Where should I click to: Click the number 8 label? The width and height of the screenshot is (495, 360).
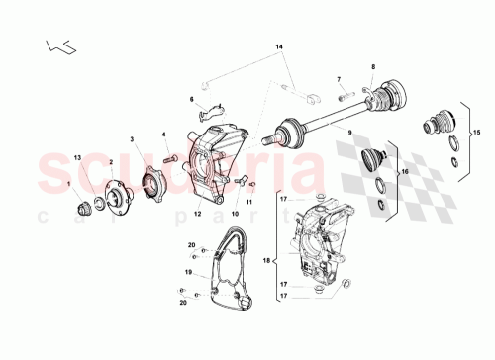[372, 68]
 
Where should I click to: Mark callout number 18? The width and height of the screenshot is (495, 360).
[264, 260]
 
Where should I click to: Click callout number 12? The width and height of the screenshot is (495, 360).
[198, 213]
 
